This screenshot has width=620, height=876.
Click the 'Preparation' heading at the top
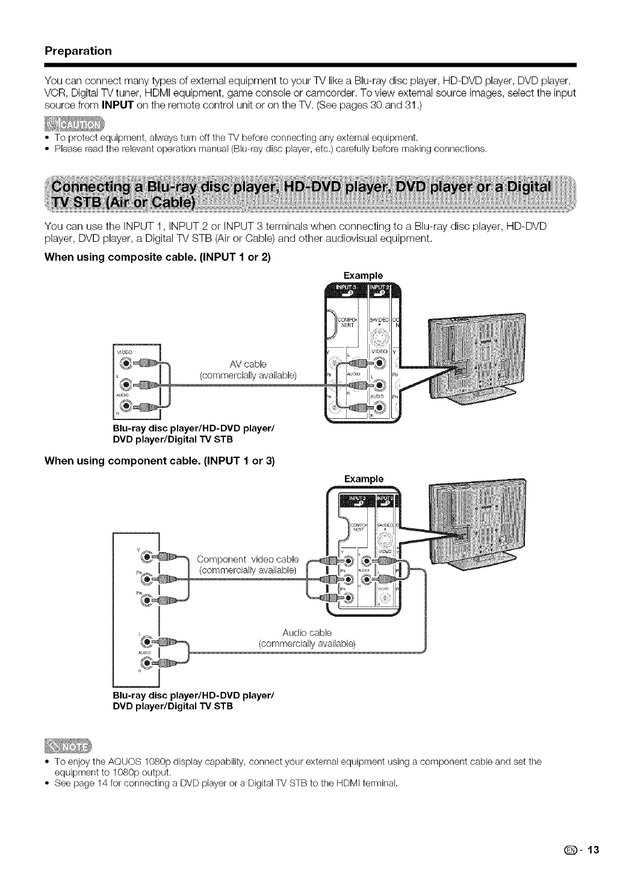(78, 51)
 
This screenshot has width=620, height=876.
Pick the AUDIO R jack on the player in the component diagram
(146, 662)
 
